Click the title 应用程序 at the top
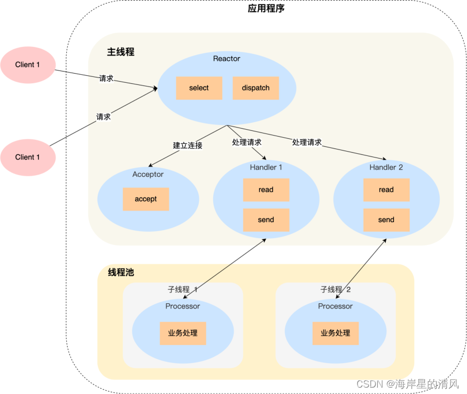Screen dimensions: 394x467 [x=266, y=9]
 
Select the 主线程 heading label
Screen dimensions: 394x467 [x=120, y=52]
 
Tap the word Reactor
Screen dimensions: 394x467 [x=227, y=58]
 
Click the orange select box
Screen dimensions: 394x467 [x=199, y=88]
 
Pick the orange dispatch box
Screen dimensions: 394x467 [x=255, y=88]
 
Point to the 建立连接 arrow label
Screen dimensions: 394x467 [x=188, y=145]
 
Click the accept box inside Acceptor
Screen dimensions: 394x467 [x=145, y=199]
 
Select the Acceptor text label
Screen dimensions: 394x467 [x=148, y=174]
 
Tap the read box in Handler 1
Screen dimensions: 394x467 [x=266, y=190]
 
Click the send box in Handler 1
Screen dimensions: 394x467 [x=266, y=219]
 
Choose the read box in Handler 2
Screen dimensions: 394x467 [x=386, y=190]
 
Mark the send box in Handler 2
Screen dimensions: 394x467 [x=386, y=219]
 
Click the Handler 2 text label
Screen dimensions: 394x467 [x=386, y=167]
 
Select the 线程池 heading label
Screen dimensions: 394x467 [x=121, y=272]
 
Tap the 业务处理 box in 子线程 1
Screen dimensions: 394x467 [x=183, y=333]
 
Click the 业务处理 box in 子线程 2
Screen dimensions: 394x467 [x=335, y=333]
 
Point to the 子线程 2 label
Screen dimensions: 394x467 [x=335, y=289]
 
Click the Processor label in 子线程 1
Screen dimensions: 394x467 [x=183, y=306]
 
